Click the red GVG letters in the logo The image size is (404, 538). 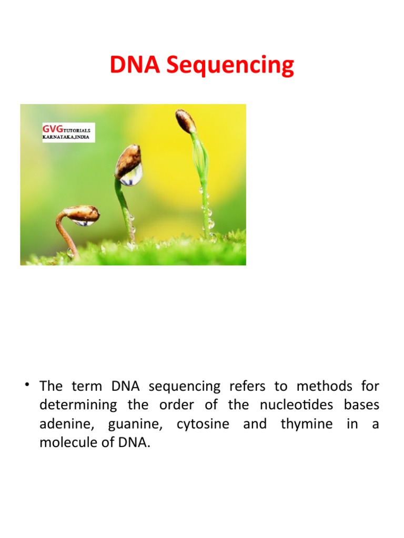[52, 128]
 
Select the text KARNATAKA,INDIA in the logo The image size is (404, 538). [65, 137]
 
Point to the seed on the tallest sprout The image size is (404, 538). [186, 121]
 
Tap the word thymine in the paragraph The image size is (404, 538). [306, 424]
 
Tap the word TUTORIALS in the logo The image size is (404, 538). [76, 129]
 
